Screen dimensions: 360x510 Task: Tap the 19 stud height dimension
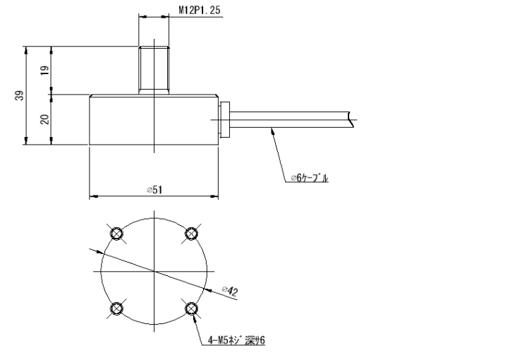[x=44, y=71]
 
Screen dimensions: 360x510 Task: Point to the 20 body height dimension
[x=44, y=120]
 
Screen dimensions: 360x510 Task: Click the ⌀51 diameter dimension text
[x=154, y=189]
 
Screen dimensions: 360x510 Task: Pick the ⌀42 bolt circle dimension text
[x=229, y=289]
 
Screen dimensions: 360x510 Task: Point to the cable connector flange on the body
[x=224, y=120]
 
